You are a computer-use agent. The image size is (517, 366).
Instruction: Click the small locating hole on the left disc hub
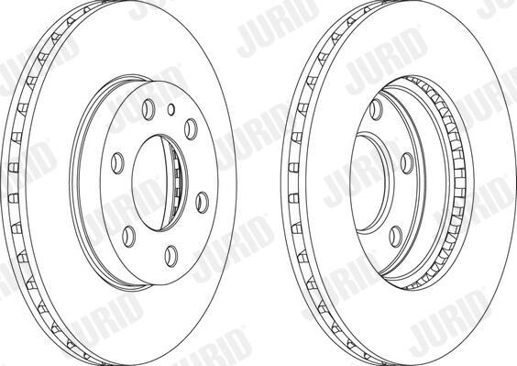[x=170, y=109]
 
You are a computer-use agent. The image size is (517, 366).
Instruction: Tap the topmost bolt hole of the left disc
[x=148, y=109]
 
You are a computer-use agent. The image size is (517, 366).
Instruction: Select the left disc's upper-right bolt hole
[x=191, y=129]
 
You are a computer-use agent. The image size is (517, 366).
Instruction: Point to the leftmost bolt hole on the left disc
[x=117, y=163]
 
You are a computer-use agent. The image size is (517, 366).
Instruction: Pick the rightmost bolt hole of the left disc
[x=202, y=203]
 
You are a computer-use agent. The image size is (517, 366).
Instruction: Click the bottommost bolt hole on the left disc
[x=171, y=256]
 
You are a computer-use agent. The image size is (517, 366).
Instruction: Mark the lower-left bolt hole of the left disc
[x=129, y=237]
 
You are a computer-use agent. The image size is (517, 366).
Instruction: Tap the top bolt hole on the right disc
[x=376, y=109]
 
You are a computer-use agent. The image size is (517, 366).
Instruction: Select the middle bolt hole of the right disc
[x=407, y=163]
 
